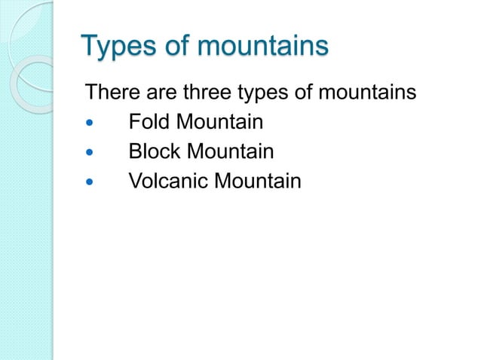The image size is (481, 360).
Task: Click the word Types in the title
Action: point(118,46)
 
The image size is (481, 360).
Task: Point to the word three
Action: point(208,93)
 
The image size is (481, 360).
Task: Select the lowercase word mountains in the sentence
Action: point(369,93)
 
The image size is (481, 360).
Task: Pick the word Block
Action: point(153,152)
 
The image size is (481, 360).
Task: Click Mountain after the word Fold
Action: point(219,123)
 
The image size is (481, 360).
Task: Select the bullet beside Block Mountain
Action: point(92,153)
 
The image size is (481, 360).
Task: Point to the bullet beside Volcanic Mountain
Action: point(92,182)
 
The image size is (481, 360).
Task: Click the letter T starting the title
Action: point(90,45)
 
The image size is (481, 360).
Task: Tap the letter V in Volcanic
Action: point(135,182)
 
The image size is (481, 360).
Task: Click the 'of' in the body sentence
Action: point(309,93)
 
